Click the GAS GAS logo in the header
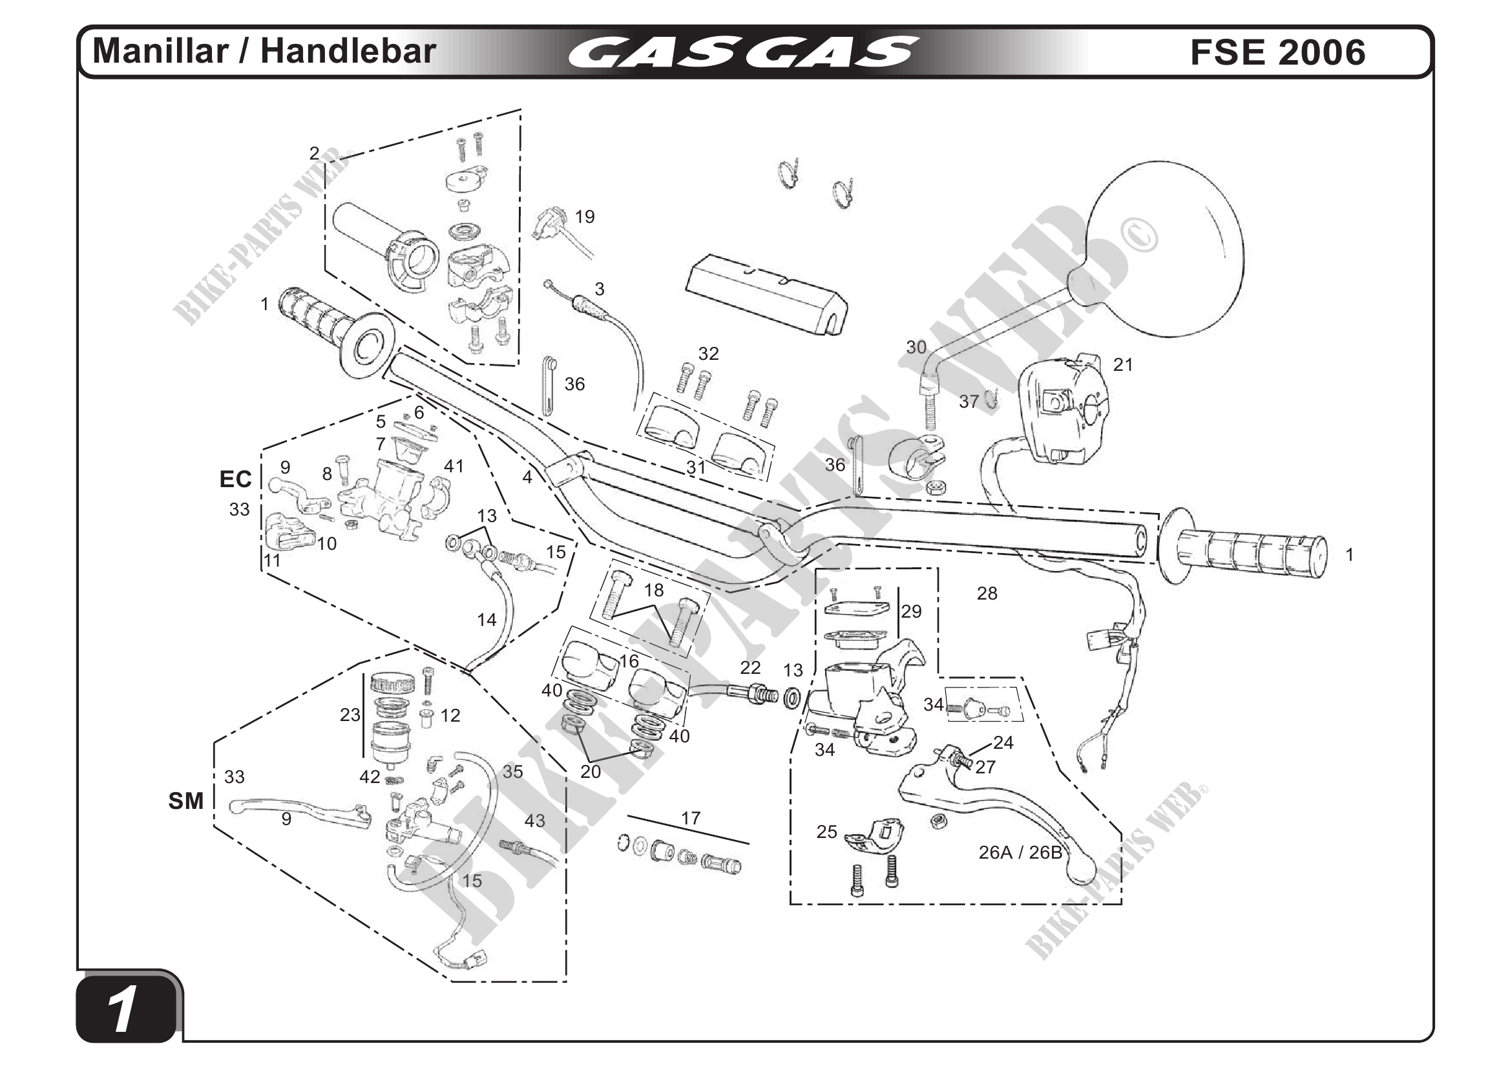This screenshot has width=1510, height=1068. tap(743, 52)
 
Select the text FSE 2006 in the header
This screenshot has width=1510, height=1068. tap(1277, 52)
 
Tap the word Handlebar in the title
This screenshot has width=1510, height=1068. tap(348, 51)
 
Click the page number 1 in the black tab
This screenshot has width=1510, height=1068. tap(123, 1010)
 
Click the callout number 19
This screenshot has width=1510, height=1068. tap(585, 217)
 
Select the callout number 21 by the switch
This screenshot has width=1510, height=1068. tap(1123, 364)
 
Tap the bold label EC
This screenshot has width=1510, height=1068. tap(235, 479)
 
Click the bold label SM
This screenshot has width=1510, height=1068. tap(186, 801)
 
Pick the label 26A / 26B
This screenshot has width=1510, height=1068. tap(1020, 852)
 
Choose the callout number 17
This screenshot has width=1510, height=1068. tap(691, 818)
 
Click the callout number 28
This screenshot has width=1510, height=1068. tap(987, 593)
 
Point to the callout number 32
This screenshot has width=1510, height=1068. tap(708, 354)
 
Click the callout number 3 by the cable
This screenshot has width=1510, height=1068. tap(599, 289)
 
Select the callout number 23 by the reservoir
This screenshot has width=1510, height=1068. tap(350, 714)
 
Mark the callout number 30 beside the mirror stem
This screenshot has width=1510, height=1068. tap(916, 347)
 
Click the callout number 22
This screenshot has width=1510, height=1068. tap(750, 667)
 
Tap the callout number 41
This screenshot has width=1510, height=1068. tap(454, 466)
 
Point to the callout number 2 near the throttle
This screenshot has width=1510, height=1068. tap(315, 153)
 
